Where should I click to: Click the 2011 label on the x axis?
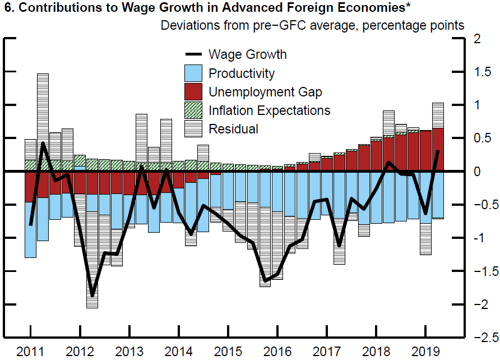(x=30, y=352)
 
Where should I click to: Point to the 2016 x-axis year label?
(x=276, y=352)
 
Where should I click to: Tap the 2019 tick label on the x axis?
(x=424, y=352)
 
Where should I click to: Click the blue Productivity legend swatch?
(x=193, y=73)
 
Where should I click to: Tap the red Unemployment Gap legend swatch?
(x=193, y=91)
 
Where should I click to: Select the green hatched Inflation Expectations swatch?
(x=193, y=110)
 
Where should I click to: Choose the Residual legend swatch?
(x=193, y=128)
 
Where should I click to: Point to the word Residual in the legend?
(x=233, y=129)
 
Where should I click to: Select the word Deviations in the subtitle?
(x=188, y=26)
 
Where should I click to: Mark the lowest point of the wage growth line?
(x=92, y=296)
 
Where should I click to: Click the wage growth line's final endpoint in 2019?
(x=438, y=151)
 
